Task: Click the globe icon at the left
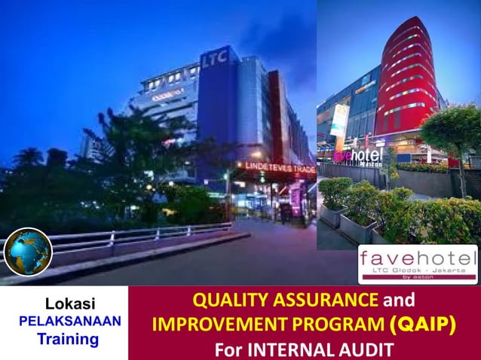(x=28, y=252)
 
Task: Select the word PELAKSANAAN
(x=70, y=322)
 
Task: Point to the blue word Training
(x=69, y=339)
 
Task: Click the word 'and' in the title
(x=400, y=301)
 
